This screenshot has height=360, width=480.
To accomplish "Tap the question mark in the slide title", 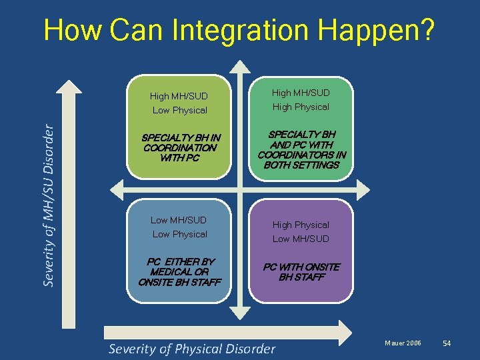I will [x=425, y=30].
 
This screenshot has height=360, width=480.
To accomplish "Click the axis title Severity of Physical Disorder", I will [x=191, y=349].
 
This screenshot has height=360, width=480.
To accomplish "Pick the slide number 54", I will [x=447, y=343].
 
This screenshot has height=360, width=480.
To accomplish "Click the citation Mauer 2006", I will [x=403, y=343].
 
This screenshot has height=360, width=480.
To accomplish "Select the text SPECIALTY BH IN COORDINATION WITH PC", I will [x=180, y=148].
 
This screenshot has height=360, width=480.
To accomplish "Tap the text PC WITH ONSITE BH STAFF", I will [x=301, y=272].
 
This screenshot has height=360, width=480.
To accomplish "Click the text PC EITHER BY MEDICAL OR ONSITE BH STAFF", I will [x=180, y=272].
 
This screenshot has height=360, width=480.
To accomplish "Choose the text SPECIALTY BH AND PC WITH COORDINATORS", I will [x=301, y=149].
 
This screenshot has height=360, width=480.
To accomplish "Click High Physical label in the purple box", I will [x=301, y=225].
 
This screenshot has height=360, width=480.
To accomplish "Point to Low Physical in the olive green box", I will [x=179, y=110].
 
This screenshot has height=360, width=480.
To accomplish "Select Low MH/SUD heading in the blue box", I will [x=179, y=220].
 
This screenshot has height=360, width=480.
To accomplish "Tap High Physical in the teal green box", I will [x=301, y=107].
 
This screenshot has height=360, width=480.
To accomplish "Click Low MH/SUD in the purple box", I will [x=301, y=239].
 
